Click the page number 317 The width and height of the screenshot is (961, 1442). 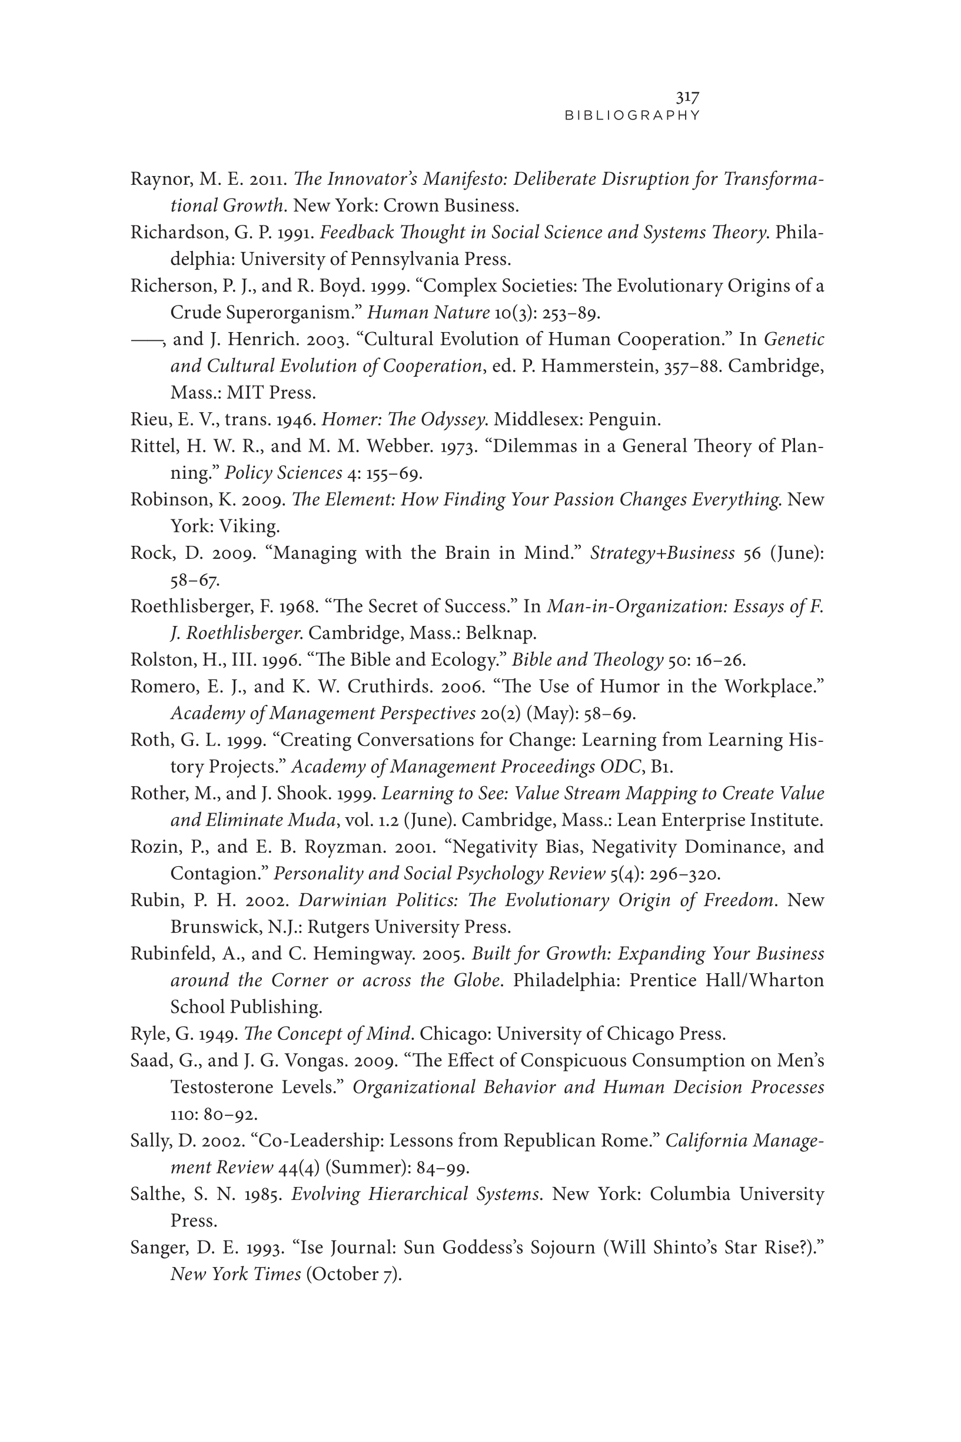click(688, 97)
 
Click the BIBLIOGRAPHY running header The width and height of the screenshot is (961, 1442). click(632, 115)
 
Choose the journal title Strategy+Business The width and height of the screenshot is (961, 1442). click(662, 553)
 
